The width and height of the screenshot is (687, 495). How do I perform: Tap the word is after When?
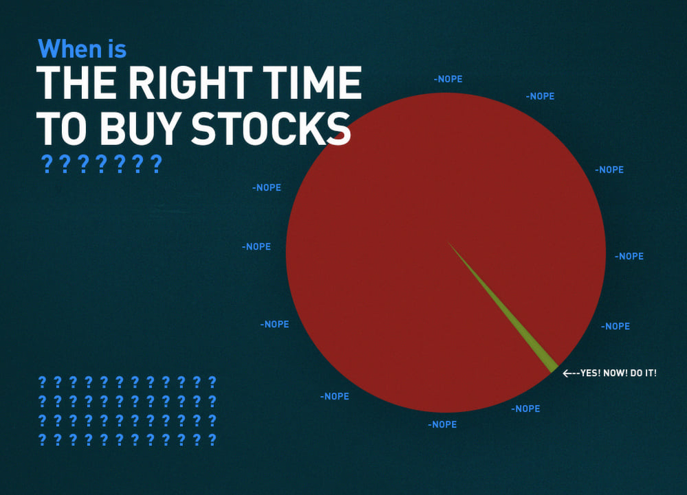click(116, 49)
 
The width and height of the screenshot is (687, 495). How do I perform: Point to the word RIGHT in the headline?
click(190, 82)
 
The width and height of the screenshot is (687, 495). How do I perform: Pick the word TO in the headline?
click(61, 129)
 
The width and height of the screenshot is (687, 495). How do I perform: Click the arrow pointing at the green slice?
click(571, 373)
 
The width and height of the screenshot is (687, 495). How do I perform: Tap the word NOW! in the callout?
click(615, 373)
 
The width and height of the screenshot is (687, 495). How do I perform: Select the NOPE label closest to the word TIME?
click(448, 79)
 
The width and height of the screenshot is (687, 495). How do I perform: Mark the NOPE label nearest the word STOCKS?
click(266, 188)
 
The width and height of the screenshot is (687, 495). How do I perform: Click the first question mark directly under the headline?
click(47, 164)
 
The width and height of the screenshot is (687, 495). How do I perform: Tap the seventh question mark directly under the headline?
click(156, 164)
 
